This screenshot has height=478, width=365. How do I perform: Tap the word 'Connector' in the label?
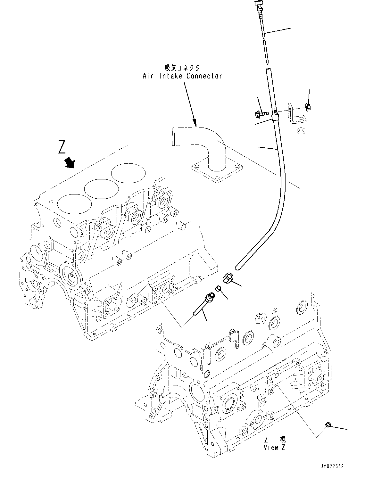(x=204, y=76)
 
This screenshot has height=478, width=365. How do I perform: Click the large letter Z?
(x=62, y=147)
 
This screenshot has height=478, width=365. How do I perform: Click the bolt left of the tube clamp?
(x=261, y=113)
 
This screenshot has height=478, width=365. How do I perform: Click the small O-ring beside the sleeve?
(x=218, y=288)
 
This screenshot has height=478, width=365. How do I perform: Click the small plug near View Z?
(x=328, y=425)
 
